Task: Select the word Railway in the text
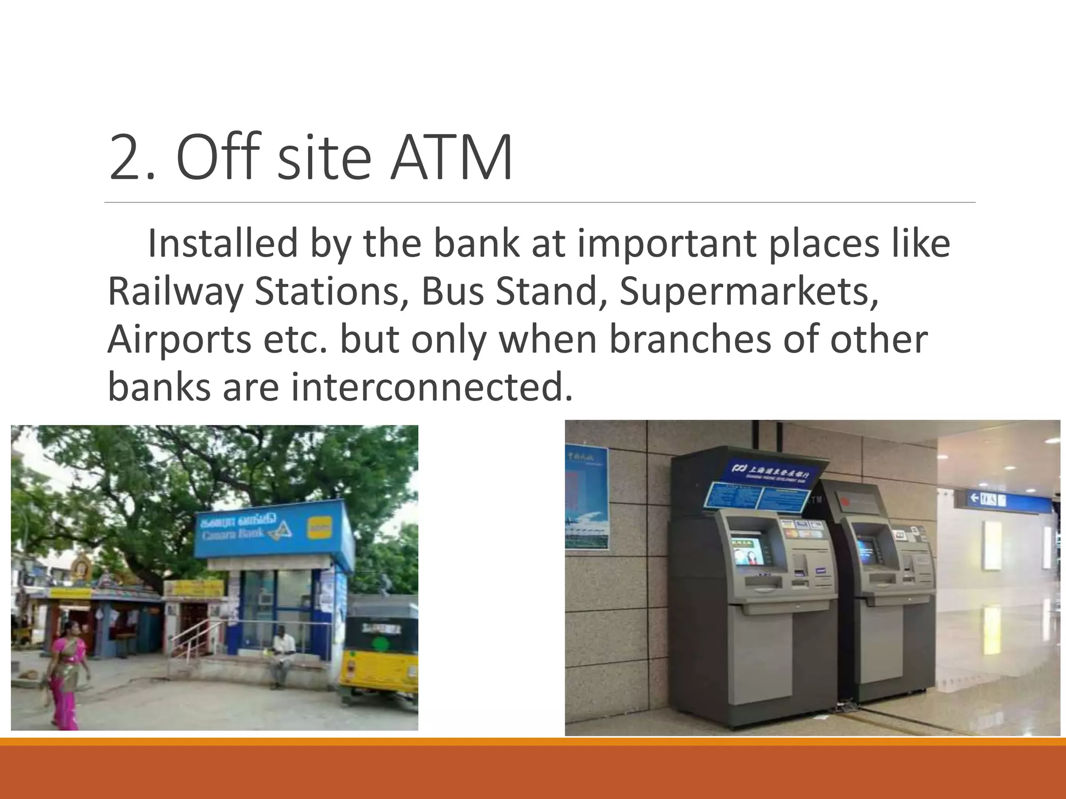175,291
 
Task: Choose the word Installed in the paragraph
223,243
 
